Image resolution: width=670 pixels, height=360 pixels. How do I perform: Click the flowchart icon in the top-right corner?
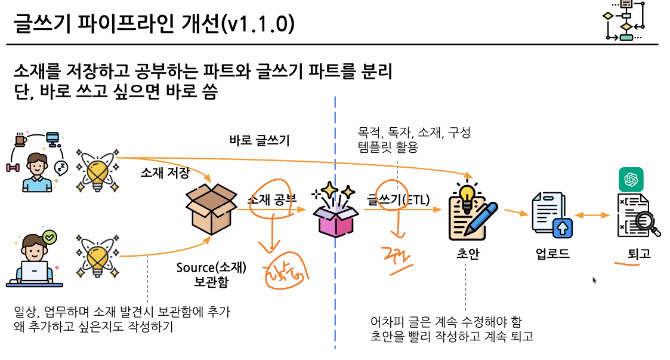624,22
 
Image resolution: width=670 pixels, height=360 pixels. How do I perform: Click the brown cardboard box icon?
211,210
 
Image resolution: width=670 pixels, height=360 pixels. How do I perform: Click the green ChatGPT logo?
631,179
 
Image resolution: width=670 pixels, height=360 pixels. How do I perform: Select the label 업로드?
552,254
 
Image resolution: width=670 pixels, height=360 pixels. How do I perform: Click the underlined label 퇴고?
639,254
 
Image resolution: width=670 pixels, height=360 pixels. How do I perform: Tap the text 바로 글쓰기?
260,141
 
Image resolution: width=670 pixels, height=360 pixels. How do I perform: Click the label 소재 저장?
165,173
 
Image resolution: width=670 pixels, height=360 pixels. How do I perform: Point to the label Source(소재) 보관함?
211,274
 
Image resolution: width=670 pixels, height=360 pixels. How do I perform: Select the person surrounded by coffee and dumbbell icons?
36,171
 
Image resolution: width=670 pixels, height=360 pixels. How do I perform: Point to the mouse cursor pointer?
594,279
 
